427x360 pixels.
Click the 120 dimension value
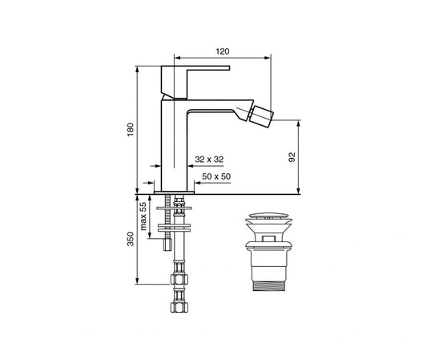pyautogui.click(x=222, y=51)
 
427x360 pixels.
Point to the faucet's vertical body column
pyautogui.click(x=175, y=144)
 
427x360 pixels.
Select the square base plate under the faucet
pyautogui.click(x=175, y=191)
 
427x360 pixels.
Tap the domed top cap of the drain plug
pyautogui.click(x=267, y=216)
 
